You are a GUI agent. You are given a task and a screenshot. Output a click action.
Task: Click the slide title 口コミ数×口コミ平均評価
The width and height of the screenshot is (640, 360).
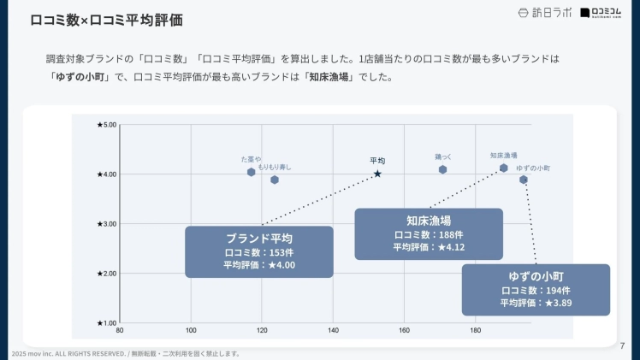pyautogui.click(x=106, y=20)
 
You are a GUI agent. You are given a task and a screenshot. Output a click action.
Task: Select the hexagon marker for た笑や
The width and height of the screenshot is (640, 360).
pyautogui.click(x=252, y=172)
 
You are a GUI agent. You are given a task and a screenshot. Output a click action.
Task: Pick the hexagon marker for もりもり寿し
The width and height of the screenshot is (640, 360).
pyautogui.click(x=275, y=180)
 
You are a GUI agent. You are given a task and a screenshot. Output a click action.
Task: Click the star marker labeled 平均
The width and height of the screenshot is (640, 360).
pyautogui.click(x=377, y=174)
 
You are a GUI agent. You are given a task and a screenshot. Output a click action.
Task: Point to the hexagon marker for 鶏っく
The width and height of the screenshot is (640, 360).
pyautogui.click(x=442, y=169)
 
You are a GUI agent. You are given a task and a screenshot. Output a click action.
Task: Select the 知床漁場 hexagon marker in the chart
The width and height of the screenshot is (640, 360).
pyautogui.click(x=504, y=168)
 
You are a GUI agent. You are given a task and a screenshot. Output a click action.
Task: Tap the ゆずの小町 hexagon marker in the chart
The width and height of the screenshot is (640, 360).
pyautogui.click(x=524, y=180)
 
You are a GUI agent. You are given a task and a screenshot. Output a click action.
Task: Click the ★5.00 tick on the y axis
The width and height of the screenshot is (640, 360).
pyautogui.click(x=106, y=125)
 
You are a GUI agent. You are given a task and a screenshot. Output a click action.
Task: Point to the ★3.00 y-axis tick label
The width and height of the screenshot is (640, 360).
pyautogui.click(x=106, y=224)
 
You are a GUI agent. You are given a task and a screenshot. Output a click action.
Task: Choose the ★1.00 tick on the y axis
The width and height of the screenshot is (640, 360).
pyautogui.click(x=106, y=323)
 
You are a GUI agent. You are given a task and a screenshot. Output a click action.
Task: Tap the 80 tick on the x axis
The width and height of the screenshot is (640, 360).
pyautogui.click(x=120, y=331)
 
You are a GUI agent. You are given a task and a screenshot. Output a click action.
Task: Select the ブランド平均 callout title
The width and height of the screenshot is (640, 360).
pyautogui.click(x=258, y=238)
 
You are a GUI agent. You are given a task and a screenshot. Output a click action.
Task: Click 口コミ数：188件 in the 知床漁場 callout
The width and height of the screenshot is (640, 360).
pyautogui.click(x=429, y=234)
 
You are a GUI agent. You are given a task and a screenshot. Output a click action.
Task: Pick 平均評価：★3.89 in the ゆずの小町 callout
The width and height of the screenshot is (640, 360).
pyautogui.click(x=536, y=303)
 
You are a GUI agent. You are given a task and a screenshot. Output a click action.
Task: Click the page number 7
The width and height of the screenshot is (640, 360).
pyautogui.click(x=622, y=345)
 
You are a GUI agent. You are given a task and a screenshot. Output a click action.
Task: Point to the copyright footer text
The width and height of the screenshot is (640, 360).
pyautogui.click(x=125, y=354)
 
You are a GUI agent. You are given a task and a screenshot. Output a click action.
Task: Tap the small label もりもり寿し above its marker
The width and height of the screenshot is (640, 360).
pyautogui.click(x=275, y=166)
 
